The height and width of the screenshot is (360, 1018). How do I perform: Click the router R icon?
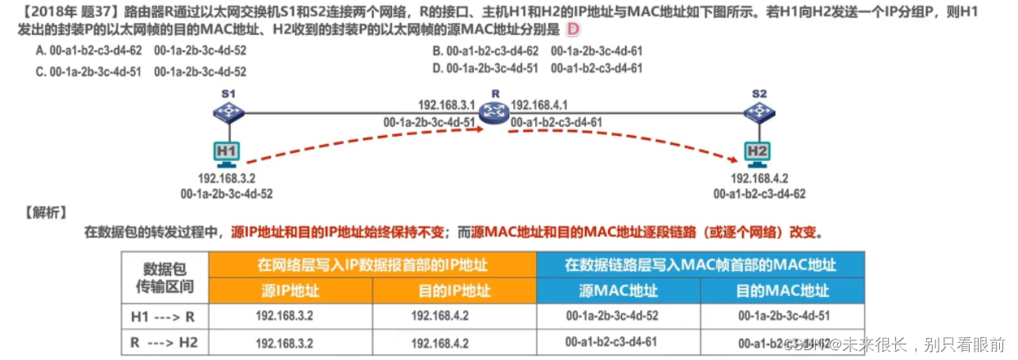pos(493,112)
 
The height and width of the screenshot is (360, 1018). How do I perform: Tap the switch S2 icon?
pos(759,114)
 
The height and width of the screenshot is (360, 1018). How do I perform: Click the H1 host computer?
pos(227,153)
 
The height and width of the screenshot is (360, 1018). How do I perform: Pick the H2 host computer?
pos(758,153)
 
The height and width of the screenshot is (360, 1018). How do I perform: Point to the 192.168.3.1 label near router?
pos(447,105)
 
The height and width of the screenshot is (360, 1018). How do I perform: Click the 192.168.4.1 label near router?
pos(539,105)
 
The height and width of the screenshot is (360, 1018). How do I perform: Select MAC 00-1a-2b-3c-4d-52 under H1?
pos(227,194)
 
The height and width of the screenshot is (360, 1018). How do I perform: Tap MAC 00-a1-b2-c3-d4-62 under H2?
pos(759,194)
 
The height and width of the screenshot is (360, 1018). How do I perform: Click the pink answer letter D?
pos(573,30)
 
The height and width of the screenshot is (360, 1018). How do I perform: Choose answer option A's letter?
pos(40,51)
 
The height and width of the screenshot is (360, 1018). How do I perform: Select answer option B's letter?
pos(437,51)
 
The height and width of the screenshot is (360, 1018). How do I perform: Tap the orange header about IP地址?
pos(373,264)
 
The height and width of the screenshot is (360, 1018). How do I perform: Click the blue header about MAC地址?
pos(700,264)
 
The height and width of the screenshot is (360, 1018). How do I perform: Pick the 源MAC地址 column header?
pos(618,290)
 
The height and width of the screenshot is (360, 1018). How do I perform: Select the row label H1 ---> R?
pos(164,316)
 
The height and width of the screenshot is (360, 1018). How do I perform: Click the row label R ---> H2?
pos(164,343)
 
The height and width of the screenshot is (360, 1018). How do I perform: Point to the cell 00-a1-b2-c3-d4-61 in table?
pos(610,343)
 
